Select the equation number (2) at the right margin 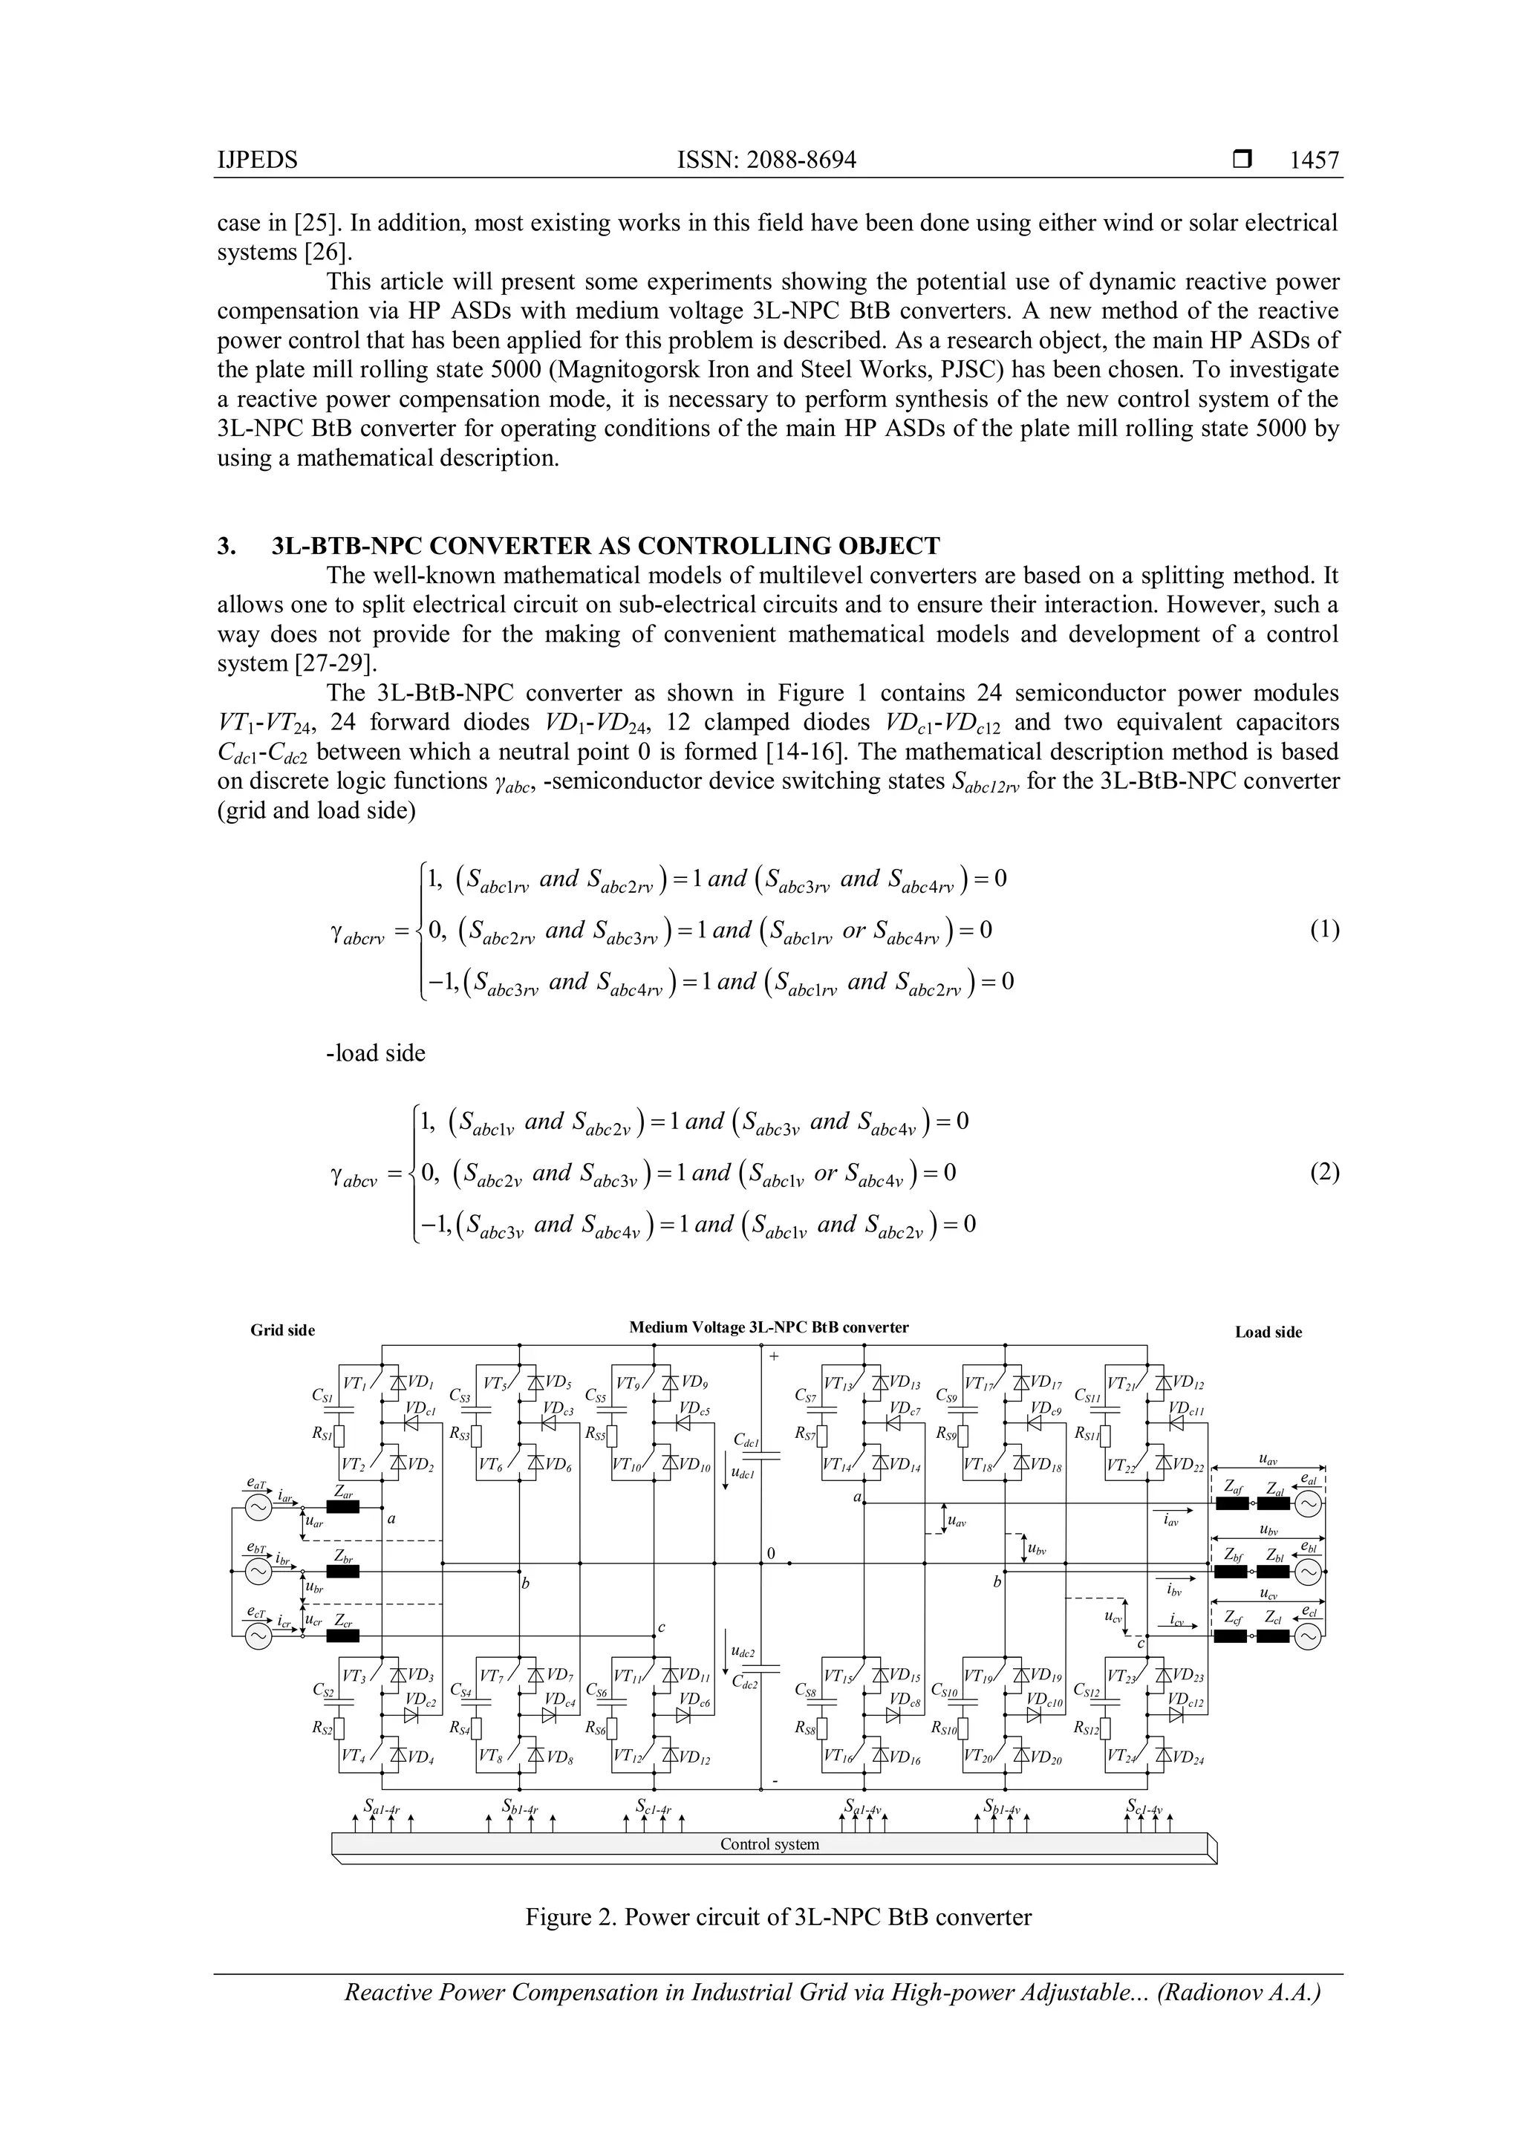click(1324, 1172)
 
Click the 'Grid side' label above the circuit click(282, 1330)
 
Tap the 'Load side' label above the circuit click(1268, 1332)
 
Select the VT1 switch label click(355, 1383)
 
